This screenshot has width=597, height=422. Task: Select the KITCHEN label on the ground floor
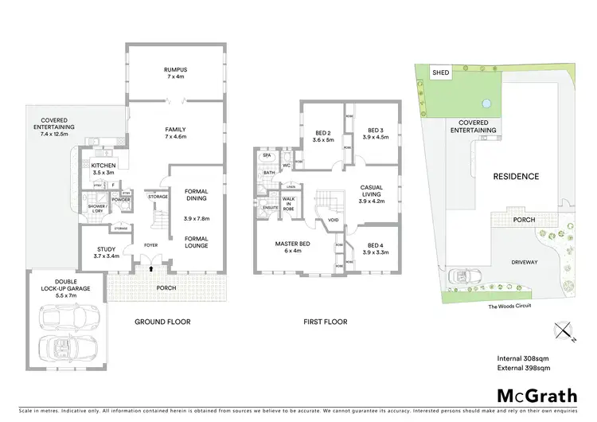[103, 168]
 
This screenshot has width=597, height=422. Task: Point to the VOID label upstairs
[333, 221]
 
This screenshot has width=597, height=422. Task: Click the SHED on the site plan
[440, 72]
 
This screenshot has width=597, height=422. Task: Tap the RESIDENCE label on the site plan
[516, 177]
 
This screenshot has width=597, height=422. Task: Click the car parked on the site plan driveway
[461, 276]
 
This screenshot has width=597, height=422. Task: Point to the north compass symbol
[564, 330]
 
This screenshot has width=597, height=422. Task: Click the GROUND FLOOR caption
[163, 322]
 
